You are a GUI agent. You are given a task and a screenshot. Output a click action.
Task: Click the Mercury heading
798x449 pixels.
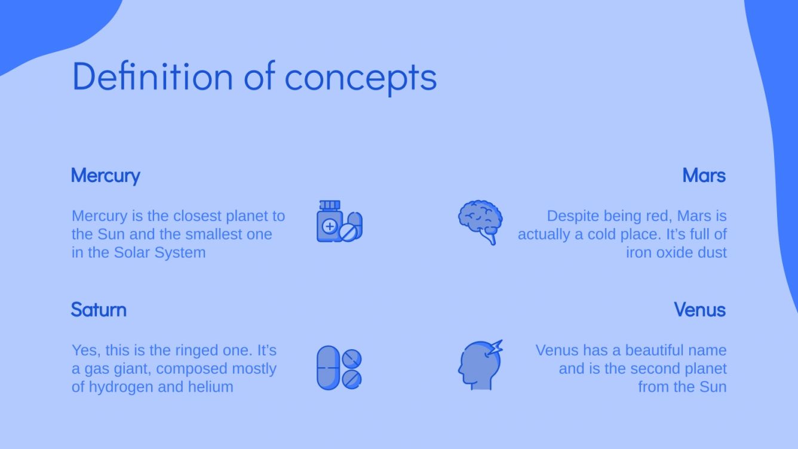pos(105,176)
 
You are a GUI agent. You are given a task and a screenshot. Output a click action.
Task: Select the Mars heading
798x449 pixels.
pos(704,176)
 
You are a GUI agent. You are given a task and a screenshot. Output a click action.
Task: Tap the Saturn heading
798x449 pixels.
pos(99,310)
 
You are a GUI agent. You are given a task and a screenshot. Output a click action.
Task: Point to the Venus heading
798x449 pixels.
pos(699,310)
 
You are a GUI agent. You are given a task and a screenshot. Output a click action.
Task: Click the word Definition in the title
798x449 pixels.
pos(152,76)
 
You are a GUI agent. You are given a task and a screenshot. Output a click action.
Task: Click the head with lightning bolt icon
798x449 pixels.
pos(480,365)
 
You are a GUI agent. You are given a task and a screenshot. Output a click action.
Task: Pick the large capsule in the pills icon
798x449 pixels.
pos(328,367)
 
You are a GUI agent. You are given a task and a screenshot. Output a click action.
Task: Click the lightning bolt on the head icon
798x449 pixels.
pos(495,348)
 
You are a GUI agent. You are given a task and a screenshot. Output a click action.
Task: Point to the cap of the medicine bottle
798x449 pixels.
pos(329,205)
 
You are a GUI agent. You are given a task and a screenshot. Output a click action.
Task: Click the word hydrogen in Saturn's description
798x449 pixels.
pos(121,387)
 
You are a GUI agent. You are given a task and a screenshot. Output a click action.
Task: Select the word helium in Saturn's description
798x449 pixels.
pos(211,387)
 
